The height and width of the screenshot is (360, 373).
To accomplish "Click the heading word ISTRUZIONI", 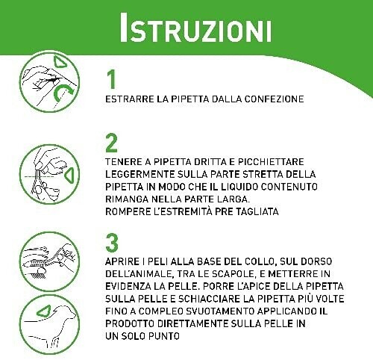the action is pos(195,28).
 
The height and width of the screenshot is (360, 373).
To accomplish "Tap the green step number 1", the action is pos(112,79).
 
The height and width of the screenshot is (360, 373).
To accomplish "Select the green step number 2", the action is pos(111,143).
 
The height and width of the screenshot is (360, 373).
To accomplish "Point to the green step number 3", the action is pos(112,243).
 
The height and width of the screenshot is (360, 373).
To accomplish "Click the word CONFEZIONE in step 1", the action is pos(274,99).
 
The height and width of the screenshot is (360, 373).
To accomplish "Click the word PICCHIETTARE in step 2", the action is pos(271,162).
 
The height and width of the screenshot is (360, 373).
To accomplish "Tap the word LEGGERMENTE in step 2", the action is pos(140,174).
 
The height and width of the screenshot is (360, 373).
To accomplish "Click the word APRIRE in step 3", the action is pos(122,261).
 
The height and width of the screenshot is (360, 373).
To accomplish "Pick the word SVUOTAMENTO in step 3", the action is pos(220,311).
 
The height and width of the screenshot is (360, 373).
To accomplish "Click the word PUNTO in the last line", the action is pos(164,336).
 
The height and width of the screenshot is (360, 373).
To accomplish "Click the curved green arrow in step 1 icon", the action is pos(62,93).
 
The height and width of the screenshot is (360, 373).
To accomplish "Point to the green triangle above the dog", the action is pos(45,311).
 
